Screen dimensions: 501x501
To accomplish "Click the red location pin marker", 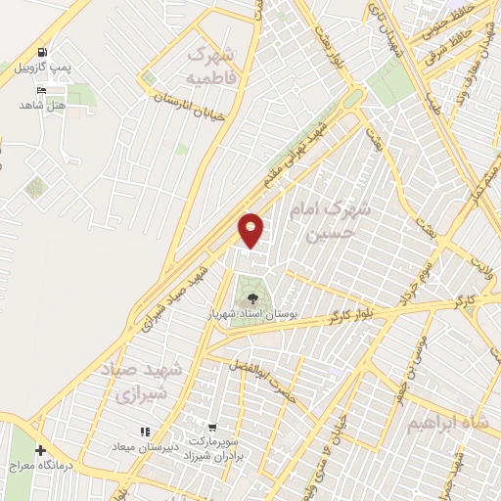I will click(x=251, y=229).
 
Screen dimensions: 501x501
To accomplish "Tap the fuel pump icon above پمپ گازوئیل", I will click(x=41, y=52).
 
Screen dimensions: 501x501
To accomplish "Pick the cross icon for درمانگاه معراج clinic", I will click(x=40, y=451).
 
